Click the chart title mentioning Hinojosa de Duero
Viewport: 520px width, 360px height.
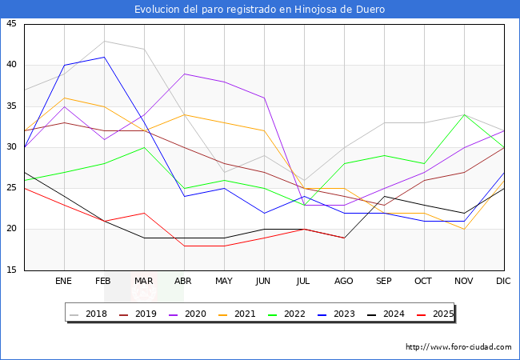(260, 10)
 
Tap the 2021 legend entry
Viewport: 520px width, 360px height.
(238, 314)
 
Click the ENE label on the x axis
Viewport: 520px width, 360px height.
(63, 282)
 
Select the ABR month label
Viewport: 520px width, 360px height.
(183, 282)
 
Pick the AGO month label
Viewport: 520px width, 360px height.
(343, 282)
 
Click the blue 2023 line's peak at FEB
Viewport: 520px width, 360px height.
(104, 57)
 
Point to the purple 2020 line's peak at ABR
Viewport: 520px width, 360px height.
(184, 74)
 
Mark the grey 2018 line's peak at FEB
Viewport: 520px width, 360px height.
(104, 41)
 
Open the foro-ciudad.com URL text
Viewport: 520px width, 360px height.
(458, 347)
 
